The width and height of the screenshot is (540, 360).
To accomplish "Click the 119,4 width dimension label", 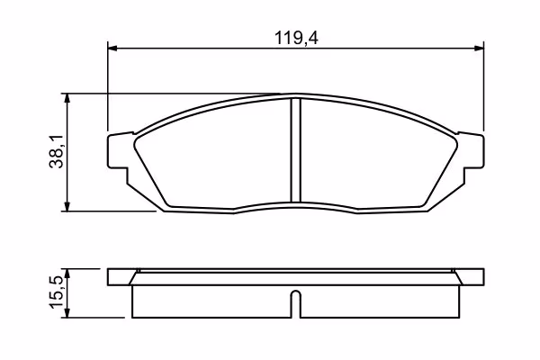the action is coord(296,38).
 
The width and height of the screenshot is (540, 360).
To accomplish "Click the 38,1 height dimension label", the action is coord(56,151).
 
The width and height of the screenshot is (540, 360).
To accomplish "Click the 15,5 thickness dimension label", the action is coord(56,292).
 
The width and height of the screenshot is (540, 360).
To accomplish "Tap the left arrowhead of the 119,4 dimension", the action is coord(112,49).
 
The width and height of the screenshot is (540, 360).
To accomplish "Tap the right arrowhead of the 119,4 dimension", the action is coord(479,49).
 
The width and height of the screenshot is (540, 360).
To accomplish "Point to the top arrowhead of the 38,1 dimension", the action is coord(67,98).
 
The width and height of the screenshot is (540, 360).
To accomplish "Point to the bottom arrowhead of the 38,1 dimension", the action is coord(67,206).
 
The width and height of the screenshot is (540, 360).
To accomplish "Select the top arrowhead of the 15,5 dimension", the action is coord(67,274).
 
